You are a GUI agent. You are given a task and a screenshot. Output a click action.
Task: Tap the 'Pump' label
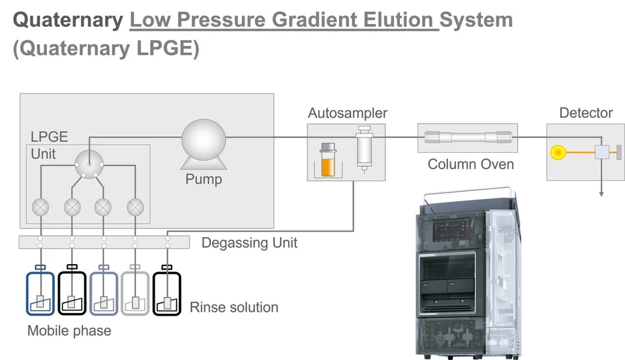pyautogui.click(x=203, y=180)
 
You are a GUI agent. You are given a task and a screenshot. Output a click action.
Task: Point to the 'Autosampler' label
pyautogui.click(x=347, y=113)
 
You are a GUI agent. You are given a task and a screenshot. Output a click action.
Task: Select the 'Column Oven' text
pyautogui.click(x=470, y=164)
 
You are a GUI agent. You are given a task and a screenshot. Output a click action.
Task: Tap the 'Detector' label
pyautogui.click(x=585, y=113)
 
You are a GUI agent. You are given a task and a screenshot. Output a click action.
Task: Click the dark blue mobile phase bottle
pyautogui.click(x=40, y=293)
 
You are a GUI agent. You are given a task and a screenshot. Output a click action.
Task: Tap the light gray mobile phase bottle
pyautogui.click(x=135, y=293)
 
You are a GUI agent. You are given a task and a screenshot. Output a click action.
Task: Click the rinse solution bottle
pyautogui.click(x=167, y=293)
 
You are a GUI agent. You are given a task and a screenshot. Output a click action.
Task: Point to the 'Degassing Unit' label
pyautogui.click(x=249, y=242)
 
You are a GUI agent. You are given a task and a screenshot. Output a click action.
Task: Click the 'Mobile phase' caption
pyautogui.click(x=69, y=331)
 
